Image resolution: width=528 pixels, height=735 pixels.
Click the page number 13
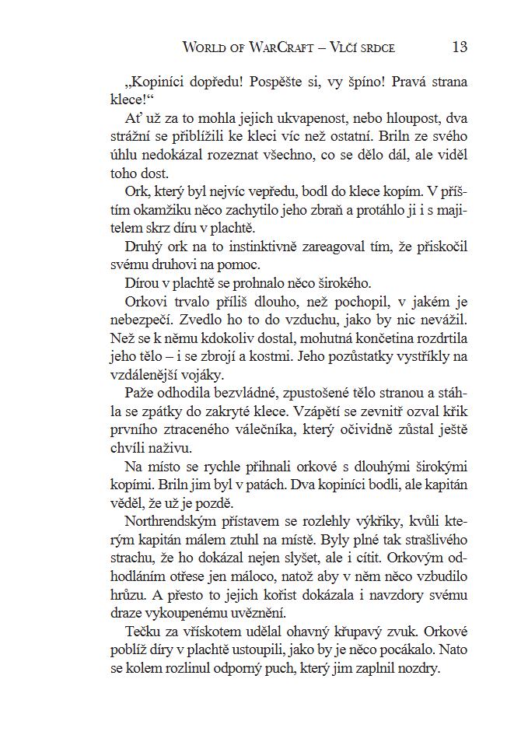(460, 47)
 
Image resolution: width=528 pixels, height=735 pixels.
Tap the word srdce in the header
(376, 47)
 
